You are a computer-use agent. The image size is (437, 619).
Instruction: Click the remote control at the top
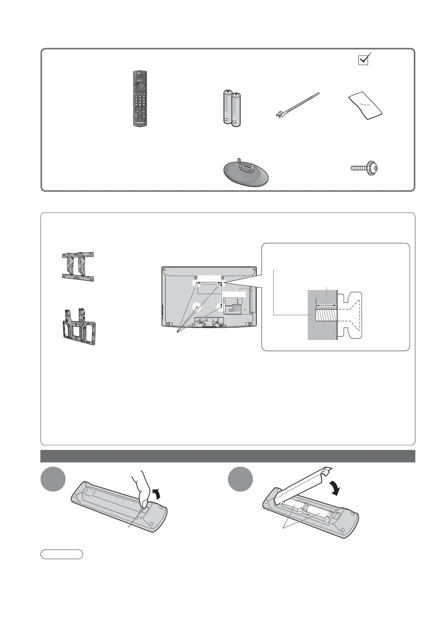140,99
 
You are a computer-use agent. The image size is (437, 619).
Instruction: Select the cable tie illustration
297,105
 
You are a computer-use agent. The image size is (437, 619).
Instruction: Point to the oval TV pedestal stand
246,173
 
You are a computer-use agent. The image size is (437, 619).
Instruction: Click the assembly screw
364,168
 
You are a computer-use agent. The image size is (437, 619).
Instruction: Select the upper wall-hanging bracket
78,266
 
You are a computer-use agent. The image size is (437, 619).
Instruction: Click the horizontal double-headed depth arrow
326,305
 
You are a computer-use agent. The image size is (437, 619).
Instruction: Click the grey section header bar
228,456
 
